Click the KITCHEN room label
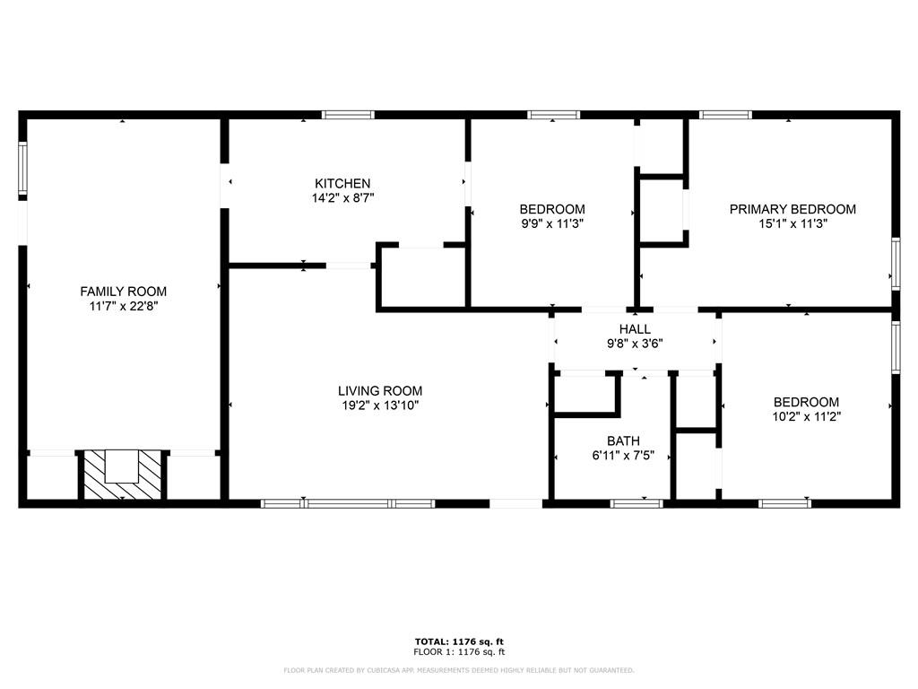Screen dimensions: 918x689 pos(342,183)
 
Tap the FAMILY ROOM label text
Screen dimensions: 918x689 pos(123,292)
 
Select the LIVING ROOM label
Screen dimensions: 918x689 pos(380,391)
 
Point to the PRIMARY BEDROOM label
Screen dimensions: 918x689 pos(792,209)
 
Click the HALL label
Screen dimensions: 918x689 pos(635,329)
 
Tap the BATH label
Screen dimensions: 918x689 pos(623,440)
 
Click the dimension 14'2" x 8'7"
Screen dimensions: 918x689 pos(342,198)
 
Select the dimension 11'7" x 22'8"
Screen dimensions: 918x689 pos(123,306)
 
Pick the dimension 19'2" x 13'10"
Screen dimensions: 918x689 pos(380,406)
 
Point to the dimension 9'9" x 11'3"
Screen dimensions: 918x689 pos(552,223)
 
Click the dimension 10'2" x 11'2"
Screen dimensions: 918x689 pos(806,416)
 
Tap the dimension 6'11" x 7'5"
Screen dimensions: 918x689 pos(623,455)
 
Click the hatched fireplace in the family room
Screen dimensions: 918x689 pos(122,475)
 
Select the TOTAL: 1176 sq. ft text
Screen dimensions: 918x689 pos(459,641)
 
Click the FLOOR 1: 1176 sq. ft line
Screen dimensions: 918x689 pos(459,651)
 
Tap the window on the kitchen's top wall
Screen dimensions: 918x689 pos(348,115)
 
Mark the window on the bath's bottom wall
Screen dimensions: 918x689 pos(637,503)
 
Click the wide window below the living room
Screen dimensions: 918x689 pos(348,503)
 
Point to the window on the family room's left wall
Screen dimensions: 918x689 pos(22,168)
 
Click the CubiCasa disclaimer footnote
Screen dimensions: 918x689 pos(458,670)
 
